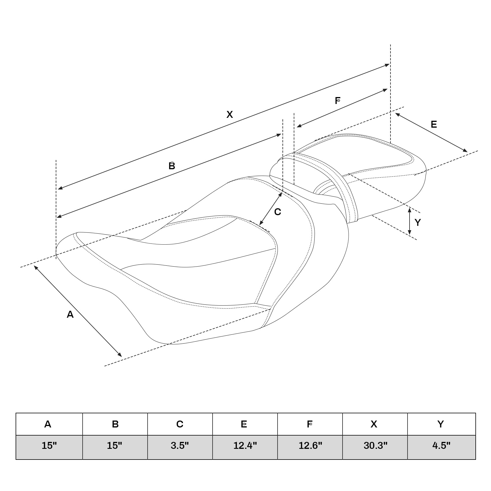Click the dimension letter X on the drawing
point(230,115)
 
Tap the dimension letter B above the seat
point(172,166)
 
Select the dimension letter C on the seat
point(277,212)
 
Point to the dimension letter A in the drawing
point(70,315)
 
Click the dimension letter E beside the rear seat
point(434,124)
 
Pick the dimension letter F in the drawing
point(338,101)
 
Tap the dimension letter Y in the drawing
point(418,222)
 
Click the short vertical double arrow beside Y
point(410,221)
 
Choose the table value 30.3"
point(375,446)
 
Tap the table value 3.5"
point(180,446)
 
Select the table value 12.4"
point(245,446)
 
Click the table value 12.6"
point(310,446)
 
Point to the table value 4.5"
point(441,446)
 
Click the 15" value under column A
point(49,446)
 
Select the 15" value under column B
point(115,446)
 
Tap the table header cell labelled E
point(244,424)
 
